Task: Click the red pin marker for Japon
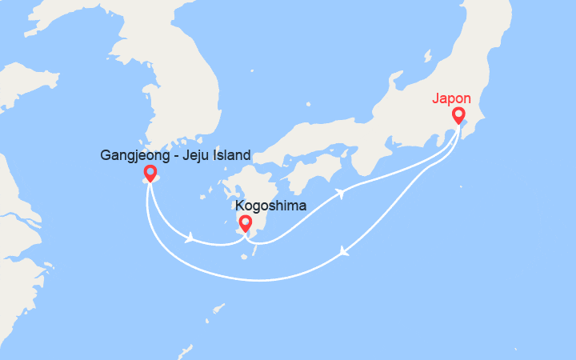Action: [x=458, y=115]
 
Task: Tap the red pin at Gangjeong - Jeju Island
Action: [x=150, y=173]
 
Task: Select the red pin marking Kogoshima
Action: [x=246, y=224]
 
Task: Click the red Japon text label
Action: [x=451, y=99]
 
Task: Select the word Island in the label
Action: [x=232, y=155]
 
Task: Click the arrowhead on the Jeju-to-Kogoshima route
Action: [x=190, y=238]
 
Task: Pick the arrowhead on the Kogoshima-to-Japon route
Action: [x=342, y=193]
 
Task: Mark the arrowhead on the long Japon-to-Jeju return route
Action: [x=345, y=251]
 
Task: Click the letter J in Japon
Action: [x=436, y=99]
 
